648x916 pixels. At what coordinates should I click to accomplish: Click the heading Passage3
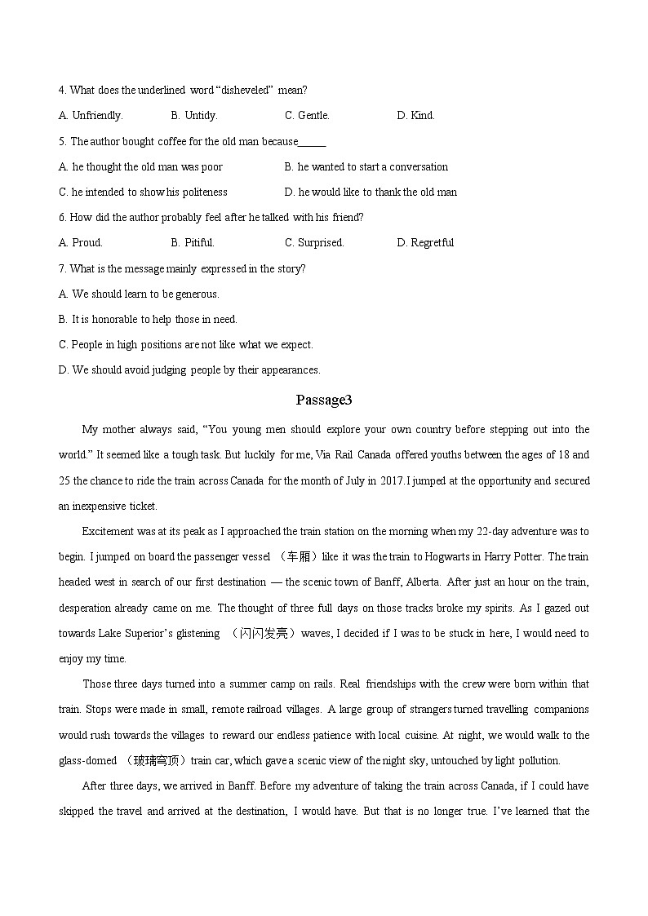click(x=323, y=400)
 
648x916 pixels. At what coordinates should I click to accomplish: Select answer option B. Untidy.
click(x=194, y=115)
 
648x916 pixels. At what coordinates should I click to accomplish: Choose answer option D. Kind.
click(x=415, y=115)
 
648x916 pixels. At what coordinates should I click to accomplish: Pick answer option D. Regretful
click(x=425, y=242)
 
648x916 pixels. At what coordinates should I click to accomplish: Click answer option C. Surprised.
click(x=314, y=242)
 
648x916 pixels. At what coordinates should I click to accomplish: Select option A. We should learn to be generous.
click(x=139, y=294)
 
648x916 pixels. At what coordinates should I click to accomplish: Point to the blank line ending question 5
click(x=313, y=142)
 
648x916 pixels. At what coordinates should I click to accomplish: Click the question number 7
click(x=62, y=268)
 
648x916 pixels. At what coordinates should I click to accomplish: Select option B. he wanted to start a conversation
click(x=366, y=166)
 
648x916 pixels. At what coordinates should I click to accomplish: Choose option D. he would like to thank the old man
click(x=371, y=192)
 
